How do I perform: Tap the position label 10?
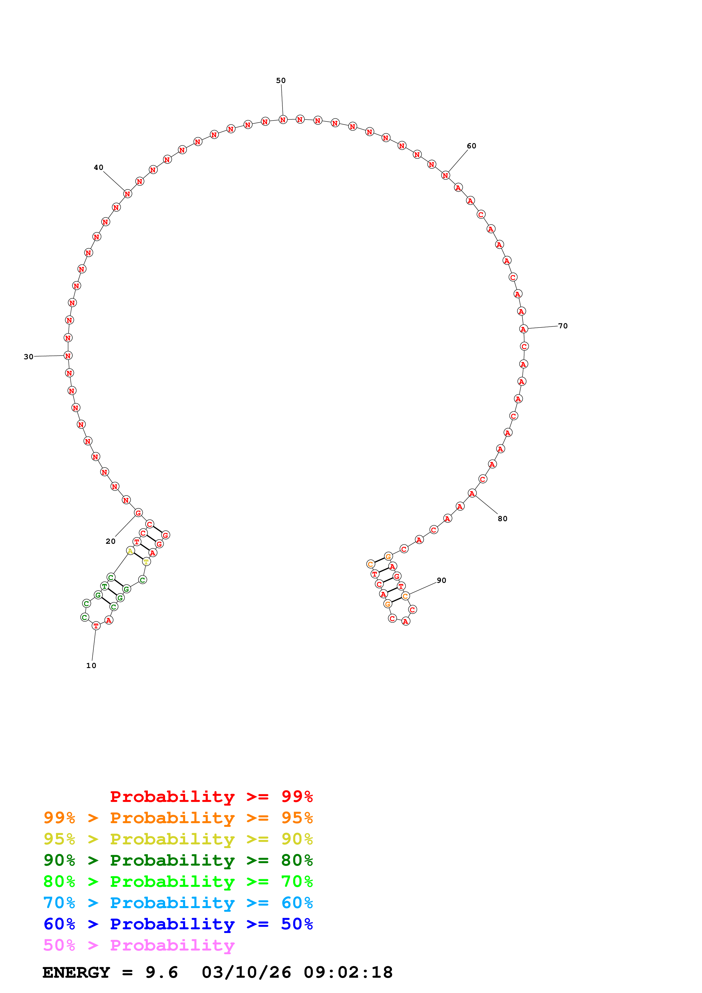coord(91,665)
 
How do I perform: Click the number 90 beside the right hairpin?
coord(441,580)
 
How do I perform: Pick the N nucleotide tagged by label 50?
coord(283,120)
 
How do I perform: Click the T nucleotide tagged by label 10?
coord(96,625)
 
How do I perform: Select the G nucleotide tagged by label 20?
coord(138,513)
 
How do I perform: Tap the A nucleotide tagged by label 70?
coord(523,329)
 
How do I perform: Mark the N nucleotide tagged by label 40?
coord(127,194)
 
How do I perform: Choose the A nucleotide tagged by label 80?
coord(472,493)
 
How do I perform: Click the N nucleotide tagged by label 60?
coord(445,176)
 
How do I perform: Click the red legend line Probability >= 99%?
coord(211,797)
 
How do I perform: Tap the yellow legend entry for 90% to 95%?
coord(178,839)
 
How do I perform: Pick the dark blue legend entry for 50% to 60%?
coord(178,924)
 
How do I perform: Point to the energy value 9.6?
coord(161,973)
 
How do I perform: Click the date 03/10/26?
coord(246,973)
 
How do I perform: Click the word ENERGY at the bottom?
coord(76,973)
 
